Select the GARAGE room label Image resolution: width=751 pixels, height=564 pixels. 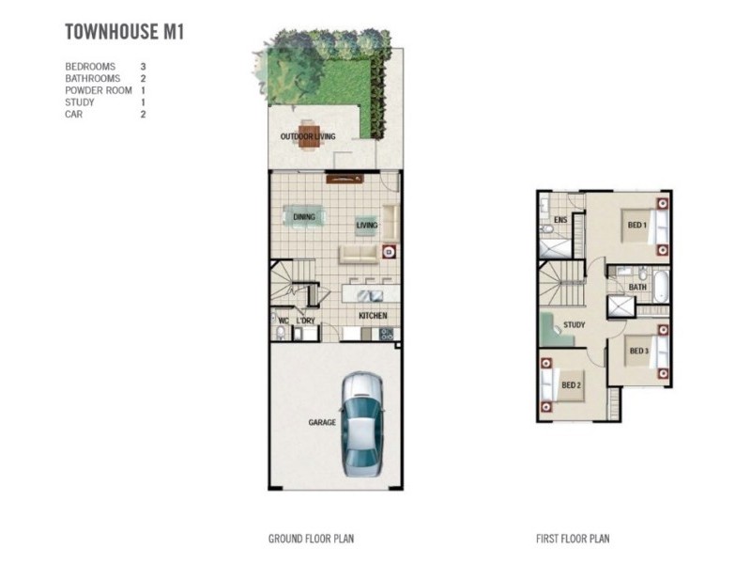point(322,423)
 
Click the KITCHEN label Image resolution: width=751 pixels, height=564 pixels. point(373,316)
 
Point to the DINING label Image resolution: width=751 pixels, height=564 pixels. point(304,218)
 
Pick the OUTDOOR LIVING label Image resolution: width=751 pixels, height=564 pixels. point(308,137)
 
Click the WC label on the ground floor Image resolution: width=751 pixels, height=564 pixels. point(283,321)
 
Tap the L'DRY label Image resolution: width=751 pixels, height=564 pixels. point(305,321)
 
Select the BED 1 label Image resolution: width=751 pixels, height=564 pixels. point(636,226)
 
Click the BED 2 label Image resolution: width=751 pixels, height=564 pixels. point(571,385)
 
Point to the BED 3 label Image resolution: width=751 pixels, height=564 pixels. point(639,352)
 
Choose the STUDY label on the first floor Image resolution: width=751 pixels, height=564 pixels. point(575,326)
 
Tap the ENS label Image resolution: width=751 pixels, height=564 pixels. point(560,220)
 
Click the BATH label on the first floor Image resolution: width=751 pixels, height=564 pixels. point(637,288)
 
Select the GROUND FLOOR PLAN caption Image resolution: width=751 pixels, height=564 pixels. point(311,540)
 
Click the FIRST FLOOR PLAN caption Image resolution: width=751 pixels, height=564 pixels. point(573,540)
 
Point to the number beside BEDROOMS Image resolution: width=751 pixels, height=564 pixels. point(143,67)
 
